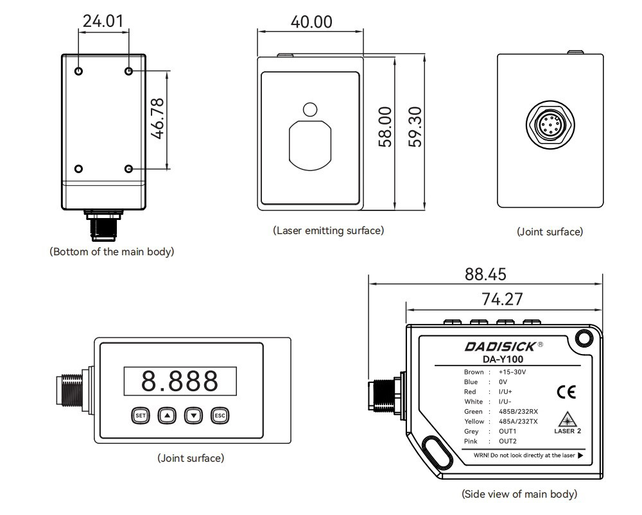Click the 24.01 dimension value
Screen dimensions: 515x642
(103, 21)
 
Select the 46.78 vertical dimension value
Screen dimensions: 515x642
(157, 118)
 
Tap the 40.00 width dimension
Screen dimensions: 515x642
(311, 21)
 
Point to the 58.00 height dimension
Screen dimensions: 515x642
(385, 127)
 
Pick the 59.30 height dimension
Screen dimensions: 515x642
(415, 127)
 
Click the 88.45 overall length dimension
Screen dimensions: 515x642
(485, 274)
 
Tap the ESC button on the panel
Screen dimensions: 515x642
(220, 416)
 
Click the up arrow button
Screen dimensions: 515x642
(167, 416)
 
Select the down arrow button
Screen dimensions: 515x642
(193, 416)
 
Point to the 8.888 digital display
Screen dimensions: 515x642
(180, 381)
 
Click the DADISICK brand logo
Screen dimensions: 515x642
(503, 346)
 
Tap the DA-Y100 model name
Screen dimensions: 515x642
(503, 359)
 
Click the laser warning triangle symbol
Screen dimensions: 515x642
(568, 419)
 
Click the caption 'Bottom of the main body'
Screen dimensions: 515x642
(112, 252)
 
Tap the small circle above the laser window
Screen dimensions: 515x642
(310, 109)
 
